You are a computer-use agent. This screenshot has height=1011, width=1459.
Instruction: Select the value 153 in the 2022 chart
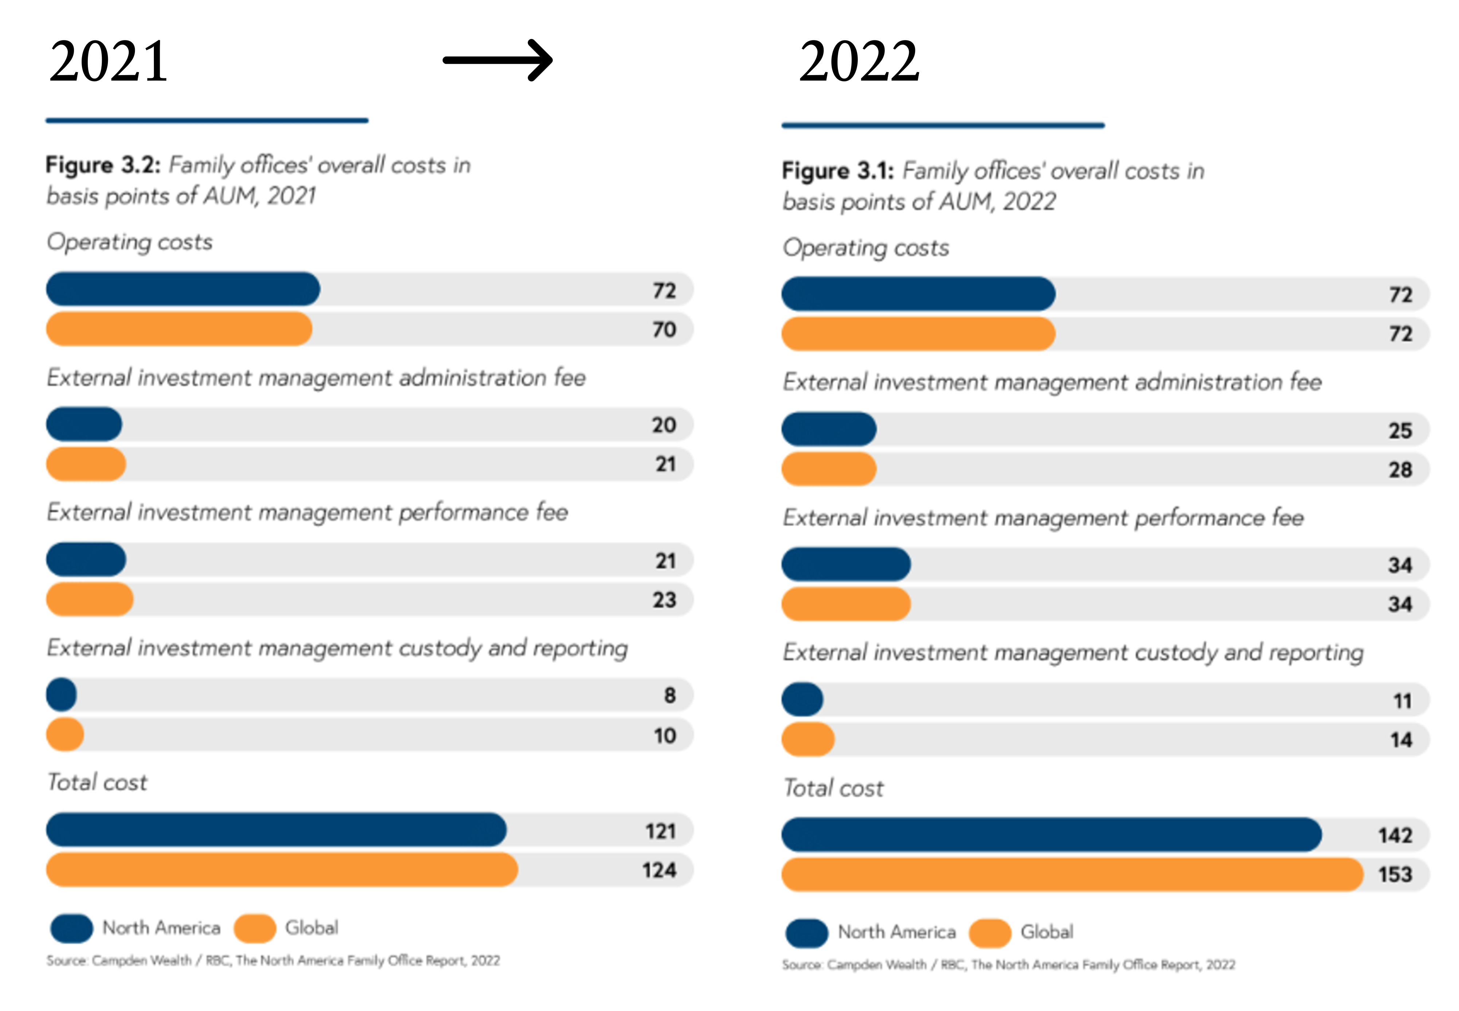1395,874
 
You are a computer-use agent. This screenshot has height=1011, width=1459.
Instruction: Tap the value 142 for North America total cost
1395,835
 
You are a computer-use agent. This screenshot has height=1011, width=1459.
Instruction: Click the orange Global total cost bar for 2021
282,870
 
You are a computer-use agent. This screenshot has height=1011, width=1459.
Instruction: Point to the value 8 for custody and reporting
669,696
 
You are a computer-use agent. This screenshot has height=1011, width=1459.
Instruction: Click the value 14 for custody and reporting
1401,740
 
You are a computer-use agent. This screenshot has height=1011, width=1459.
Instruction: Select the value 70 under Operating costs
664,329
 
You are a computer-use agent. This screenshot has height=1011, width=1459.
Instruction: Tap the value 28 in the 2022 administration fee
1400,469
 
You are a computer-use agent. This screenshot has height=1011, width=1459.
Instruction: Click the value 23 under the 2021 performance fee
664,600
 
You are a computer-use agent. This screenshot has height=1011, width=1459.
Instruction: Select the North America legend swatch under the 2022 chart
806,933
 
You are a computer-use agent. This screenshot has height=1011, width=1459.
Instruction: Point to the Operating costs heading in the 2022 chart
865,248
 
